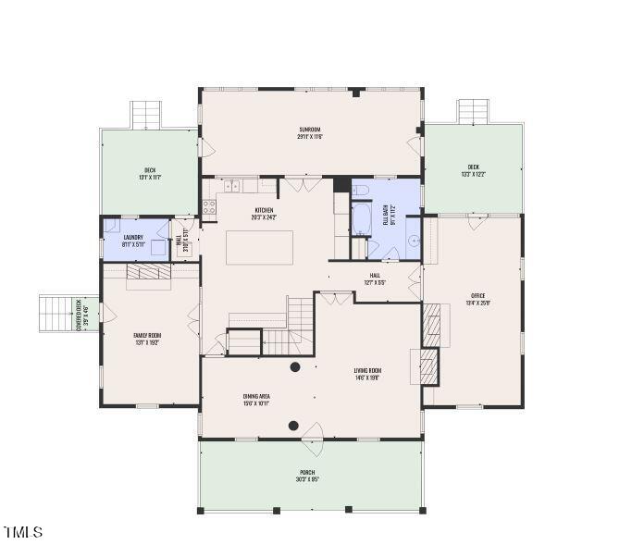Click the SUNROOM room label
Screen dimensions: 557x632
[x=310, y=132]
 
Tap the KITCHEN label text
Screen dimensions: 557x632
[x=265, y=214]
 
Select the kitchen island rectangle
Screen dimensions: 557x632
[x=259, y=247]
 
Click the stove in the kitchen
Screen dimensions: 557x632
[x=209, y=206]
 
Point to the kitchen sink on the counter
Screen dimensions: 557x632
[x=231, y=186]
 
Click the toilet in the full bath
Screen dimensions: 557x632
[x=361, y=191]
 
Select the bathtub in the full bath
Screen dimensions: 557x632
[x=361, y=220]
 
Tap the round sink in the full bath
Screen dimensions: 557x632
[x=414, y=238]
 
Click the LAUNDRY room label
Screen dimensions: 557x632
[x=132, y=241]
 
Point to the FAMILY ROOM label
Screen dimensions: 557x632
[x=148, y=339]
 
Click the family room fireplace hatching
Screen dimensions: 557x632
[x=145, y=271]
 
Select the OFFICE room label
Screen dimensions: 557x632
[x=478, y=299]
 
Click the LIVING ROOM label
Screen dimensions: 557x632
[x=367, y=374]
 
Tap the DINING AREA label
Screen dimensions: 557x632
[x=256, y=400]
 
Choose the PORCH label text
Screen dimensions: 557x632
[x=307, y=476]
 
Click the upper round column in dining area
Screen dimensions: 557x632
[x=295, y=367]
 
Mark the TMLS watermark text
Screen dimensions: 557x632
[x=23, y=532]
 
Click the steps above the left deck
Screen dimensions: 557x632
[x=146, y=115]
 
